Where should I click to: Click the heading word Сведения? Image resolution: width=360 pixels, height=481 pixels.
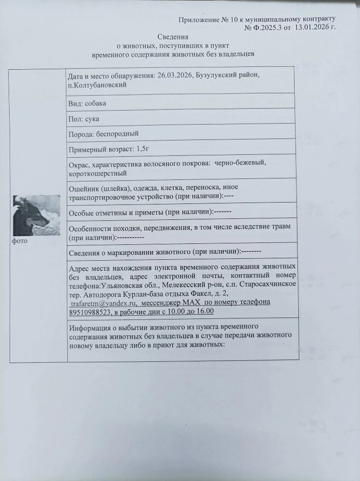click(173, 37)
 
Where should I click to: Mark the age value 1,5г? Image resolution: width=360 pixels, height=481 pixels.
click(146, 149)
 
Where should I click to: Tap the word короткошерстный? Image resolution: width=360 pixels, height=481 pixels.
click(98, 173)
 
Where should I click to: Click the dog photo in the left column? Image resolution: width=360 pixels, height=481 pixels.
click(37, 215)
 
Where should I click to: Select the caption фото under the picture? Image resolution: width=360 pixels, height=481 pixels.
click(20, 241)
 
